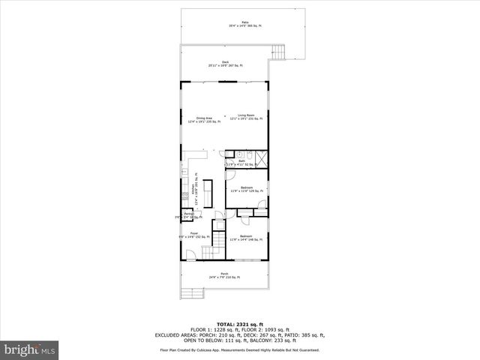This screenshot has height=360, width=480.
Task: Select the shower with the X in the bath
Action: pos(261,158)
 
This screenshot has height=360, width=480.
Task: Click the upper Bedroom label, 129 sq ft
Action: pos(247,189)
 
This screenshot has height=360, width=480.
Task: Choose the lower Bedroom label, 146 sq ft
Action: pos(246,238)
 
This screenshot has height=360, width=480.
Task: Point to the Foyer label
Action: pos(193,235)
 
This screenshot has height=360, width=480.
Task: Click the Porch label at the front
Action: pos(224,275)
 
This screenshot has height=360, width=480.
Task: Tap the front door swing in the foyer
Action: pos(192,253)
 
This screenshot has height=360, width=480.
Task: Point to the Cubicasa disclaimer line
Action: pos(239,349)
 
